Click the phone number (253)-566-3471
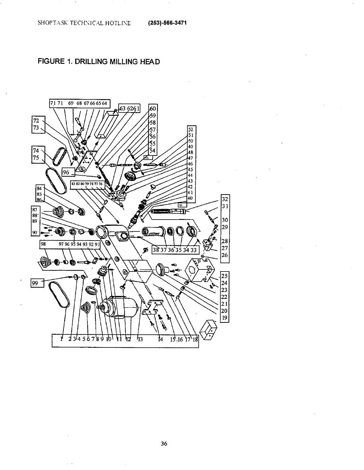[167, 23]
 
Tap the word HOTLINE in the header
[119, 23]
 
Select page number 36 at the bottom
[164, 444]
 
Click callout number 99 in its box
[35, 283]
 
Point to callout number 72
[36, 121]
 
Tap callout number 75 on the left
[36, 158]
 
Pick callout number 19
[225, 318]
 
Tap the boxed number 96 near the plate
[66, 172]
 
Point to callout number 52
[191, 129]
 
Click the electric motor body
[125, 307]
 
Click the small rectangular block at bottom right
[208, 329]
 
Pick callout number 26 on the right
[225, 255]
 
